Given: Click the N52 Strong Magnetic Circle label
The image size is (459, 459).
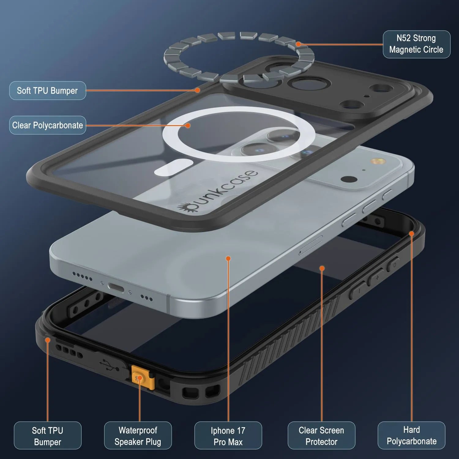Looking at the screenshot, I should [416, 44].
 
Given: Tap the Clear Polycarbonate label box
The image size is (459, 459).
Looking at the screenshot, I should [47, 125].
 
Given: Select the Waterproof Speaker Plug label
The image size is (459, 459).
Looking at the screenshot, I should [138, 435].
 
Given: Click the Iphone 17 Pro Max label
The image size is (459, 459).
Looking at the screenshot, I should [228, 435].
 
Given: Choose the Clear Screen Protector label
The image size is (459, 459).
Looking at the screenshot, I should [321, 435].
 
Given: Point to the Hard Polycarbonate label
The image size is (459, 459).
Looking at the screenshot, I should [412, 435].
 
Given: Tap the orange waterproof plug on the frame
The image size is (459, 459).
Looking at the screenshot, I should [140, 378].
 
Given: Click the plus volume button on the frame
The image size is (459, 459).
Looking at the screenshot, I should [377, 277].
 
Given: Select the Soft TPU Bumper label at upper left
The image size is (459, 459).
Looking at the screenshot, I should [47, 91].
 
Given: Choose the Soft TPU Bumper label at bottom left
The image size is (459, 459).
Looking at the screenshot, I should [47, 435].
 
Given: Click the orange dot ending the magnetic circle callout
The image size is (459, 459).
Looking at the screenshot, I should [298, 44].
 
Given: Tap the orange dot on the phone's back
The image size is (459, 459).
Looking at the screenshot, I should [228, 259].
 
